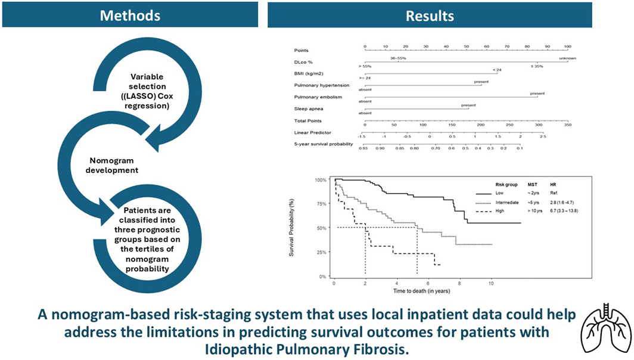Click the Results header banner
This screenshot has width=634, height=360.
tap(430, 15)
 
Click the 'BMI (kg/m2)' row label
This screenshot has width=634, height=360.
tap(308, 73)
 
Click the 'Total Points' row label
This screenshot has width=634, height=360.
tap(307, 121)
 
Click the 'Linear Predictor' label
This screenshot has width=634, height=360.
tap(312, 132)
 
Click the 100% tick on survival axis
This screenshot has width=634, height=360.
tap(320, 179)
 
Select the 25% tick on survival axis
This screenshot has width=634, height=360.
tap(321, 252)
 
